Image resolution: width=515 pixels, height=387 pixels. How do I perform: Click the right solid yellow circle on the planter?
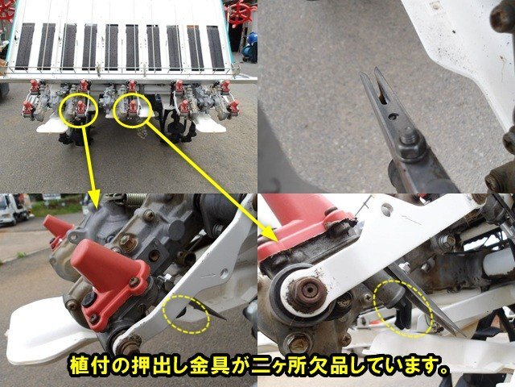click(x=134, y=110)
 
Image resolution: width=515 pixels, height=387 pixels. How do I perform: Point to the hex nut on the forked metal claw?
click(x=407, y=148)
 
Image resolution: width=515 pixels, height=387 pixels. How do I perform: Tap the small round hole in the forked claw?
click(x=392, y=127)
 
